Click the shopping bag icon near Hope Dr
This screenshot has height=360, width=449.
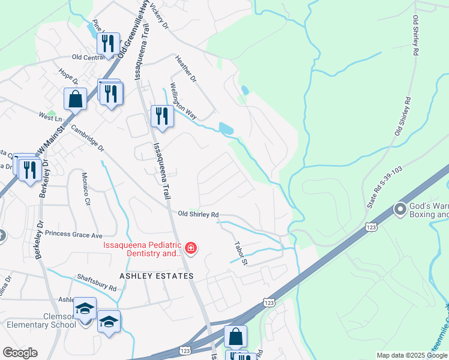[76, 99]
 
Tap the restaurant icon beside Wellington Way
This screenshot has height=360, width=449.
[160, 115]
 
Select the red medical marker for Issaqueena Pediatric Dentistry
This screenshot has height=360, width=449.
[191, 248]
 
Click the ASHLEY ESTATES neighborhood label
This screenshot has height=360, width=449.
[157, 276]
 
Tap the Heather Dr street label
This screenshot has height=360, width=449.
[185, 69]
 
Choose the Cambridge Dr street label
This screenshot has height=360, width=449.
[87, 138]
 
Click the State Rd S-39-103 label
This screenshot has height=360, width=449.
[378, 189]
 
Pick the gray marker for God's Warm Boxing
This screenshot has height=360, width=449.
[399, 209]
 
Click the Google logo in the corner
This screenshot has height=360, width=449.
[20, 353]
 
